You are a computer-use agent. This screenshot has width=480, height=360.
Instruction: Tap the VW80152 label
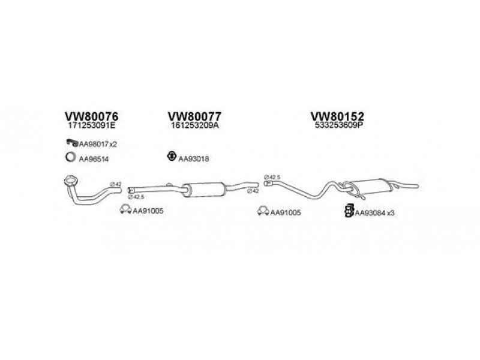tap(337, 116)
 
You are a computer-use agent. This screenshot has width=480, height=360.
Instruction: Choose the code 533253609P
tap(337, 127)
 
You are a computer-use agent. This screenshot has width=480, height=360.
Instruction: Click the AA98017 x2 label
tap(98, 143)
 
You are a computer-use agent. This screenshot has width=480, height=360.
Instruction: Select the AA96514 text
tap(95, 158)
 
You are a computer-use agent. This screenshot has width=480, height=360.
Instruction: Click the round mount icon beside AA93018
tap(170, 157)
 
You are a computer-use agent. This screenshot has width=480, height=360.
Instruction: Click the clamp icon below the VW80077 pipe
tap(125, 210)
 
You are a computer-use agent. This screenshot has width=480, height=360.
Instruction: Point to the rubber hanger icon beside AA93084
tap(348, 210)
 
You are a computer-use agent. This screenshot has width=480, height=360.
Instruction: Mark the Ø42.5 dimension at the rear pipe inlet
tap(274, 177)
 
